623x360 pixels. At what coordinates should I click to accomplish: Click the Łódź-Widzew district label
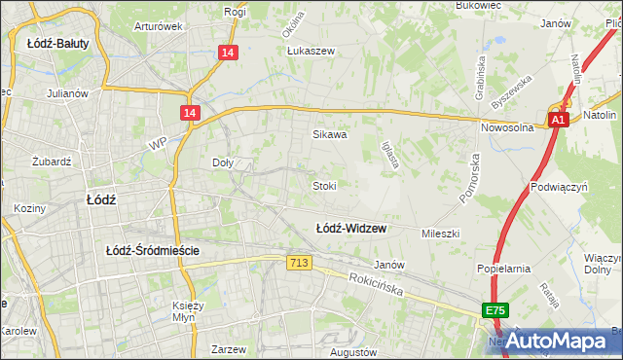[350, 229]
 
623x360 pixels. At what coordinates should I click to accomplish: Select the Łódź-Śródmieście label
[153, 250]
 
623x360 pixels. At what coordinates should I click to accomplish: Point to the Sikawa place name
[329, 135]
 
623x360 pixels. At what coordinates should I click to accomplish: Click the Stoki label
[324, 185]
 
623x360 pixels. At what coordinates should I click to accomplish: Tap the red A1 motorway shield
[558, 120]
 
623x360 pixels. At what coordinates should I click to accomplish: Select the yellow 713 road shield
[300, 264]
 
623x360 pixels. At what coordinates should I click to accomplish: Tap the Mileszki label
[439, 234]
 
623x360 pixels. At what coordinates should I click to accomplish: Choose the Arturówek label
[159, 26]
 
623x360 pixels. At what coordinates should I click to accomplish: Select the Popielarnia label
[502, 267]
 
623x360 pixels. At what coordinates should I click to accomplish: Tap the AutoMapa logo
[558, 341]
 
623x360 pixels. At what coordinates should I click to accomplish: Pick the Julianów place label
[68, 94]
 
